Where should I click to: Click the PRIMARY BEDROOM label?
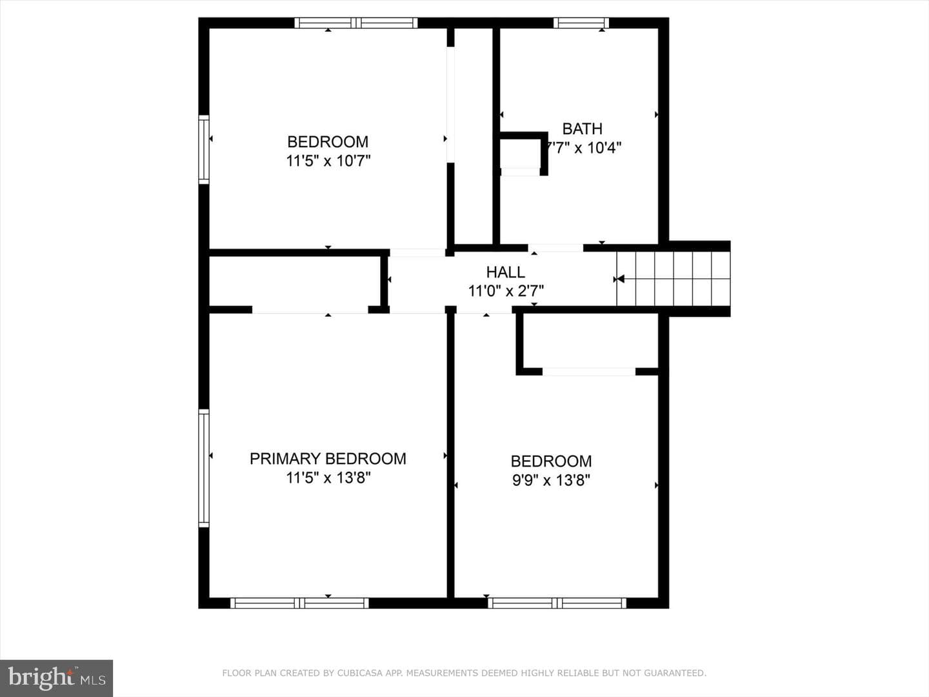(328, 459)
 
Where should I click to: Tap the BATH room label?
(582, 128)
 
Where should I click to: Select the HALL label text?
(505, 272)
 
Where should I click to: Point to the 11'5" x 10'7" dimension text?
(328, 161)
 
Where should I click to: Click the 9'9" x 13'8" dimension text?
(551, 480)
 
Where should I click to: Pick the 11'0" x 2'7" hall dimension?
(506, 291)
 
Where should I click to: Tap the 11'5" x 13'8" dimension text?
(328, 478)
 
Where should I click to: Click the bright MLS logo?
(56, 678)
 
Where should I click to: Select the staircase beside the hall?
(674, 279)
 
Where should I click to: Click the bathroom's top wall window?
(581, 23)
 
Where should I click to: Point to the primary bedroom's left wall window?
(204, 469)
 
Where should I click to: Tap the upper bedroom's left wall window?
(204, 150)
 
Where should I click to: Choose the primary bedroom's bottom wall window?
(299, 603)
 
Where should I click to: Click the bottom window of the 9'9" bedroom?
(557, 603)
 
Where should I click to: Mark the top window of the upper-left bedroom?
(356, 23)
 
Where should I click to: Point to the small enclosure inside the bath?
(520, 154)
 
